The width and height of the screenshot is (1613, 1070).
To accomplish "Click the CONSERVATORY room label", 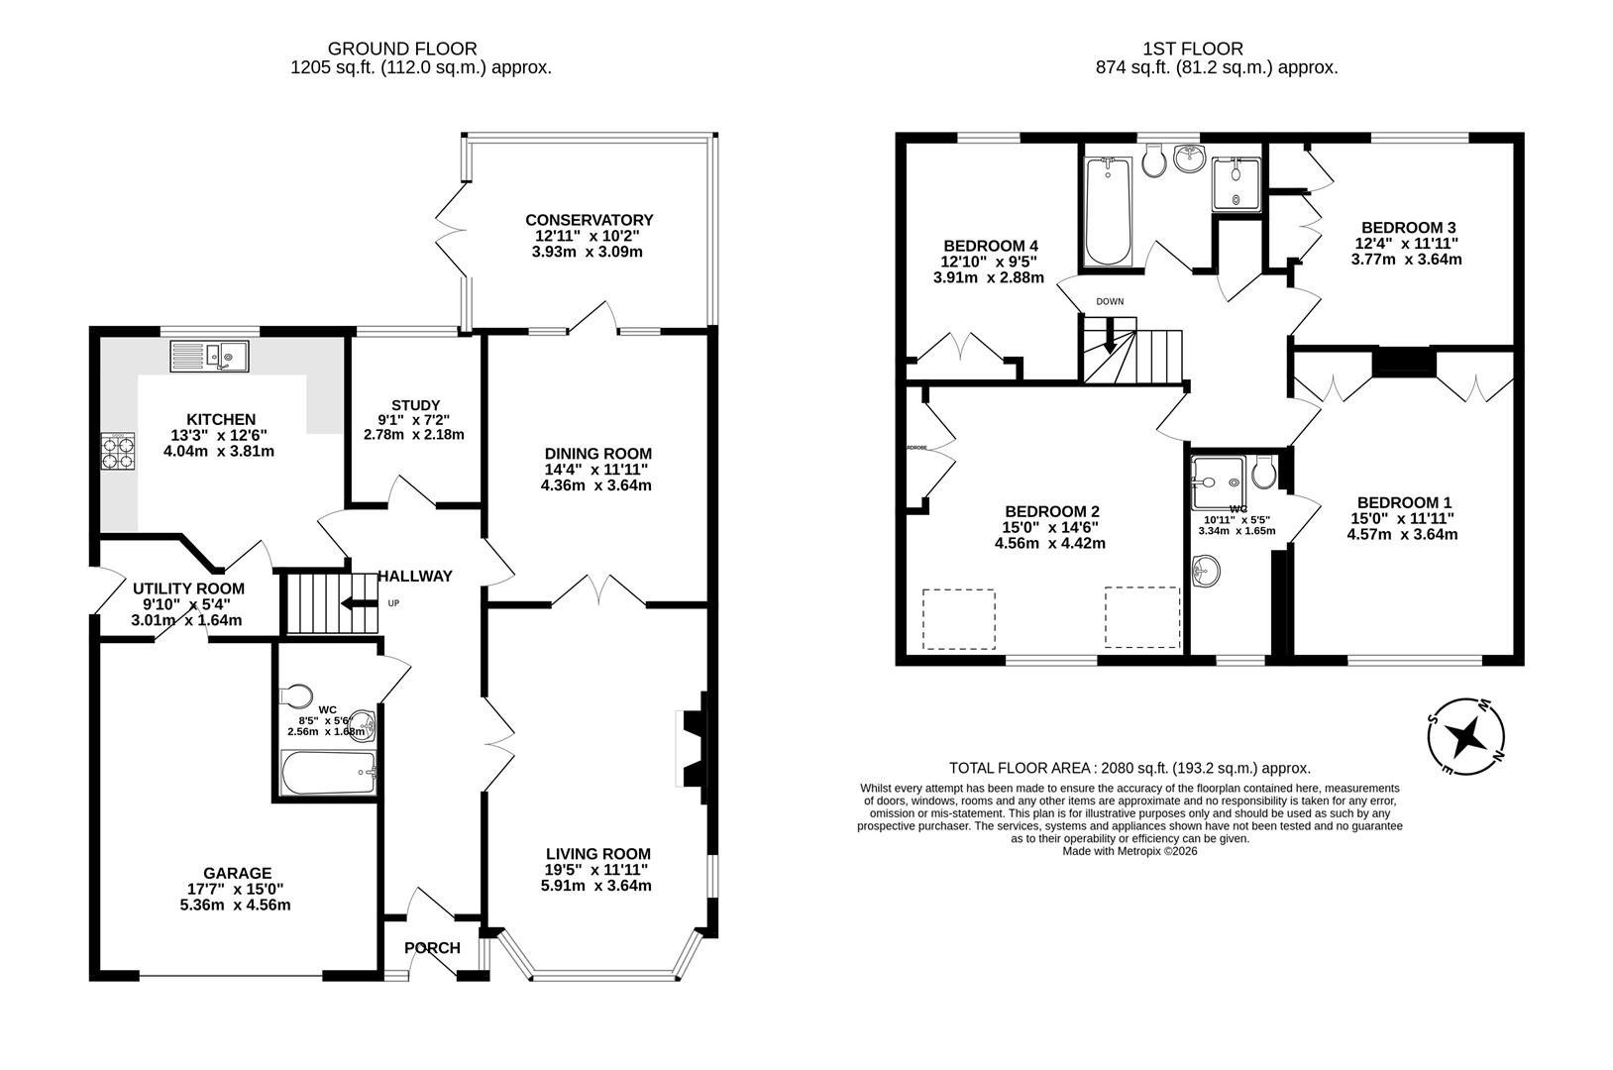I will click(589, 220).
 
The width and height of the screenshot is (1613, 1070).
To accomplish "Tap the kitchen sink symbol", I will click(210, 355).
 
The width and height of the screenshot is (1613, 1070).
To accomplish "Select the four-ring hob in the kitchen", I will click(119, 452).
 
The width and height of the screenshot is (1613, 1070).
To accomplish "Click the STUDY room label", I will click(415, 405).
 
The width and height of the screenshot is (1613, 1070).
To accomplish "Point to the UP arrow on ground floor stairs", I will click(359, 603).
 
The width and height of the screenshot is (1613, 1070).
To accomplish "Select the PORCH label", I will click(432, 948).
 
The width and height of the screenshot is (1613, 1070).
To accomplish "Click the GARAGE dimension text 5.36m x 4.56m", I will click(234, 905).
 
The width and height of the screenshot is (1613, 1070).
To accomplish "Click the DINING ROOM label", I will click(596, 454).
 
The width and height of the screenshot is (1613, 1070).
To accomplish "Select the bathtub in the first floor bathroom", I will click(1109, 213).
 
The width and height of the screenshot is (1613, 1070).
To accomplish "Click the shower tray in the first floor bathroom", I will click(1236, 183).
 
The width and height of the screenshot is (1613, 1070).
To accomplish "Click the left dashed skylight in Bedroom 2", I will click(958, 619).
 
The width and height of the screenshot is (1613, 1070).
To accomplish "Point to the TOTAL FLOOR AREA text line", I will click(1129, 768).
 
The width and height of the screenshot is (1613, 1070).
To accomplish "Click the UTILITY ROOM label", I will click(188, 588).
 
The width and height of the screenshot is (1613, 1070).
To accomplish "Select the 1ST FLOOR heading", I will click(1206, 48).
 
